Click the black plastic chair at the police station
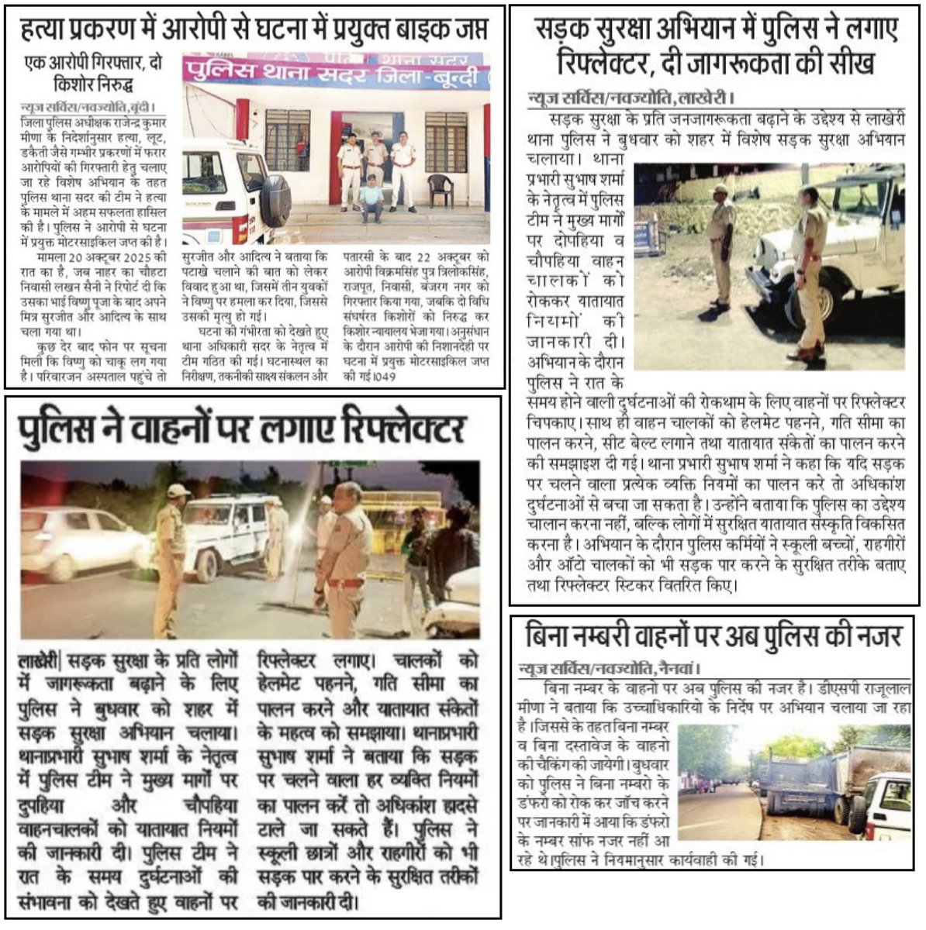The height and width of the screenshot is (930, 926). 440,191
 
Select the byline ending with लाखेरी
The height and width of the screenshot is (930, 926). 629,98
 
